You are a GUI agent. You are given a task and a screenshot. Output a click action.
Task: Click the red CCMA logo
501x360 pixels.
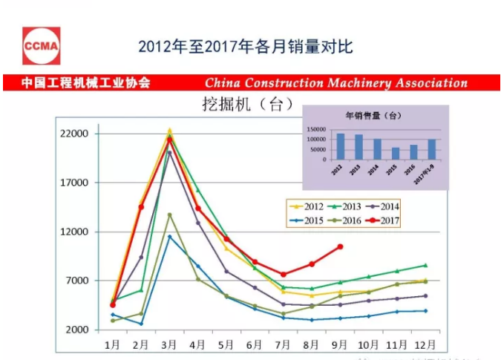[x=41, y=46]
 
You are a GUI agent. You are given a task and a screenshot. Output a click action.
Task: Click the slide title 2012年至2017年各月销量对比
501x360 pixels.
[x=245, y=47]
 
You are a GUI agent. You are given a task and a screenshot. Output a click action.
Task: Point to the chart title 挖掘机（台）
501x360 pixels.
[x=243, y=102]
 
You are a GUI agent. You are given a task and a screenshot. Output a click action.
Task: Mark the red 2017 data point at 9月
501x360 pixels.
[x=340, y=246]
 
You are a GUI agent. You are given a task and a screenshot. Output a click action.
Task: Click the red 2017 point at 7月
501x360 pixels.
[x=283, y=275]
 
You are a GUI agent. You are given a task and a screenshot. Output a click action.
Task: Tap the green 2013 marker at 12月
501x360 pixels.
[x=425, y=265]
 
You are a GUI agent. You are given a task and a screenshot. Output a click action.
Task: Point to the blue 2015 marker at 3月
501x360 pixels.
[x=169, y=237]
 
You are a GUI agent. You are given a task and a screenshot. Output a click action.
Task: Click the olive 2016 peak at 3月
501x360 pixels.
[x=169, y=215]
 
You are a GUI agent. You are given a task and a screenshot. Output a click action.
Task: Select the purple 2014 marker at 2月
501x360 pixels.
[x=141, y=258]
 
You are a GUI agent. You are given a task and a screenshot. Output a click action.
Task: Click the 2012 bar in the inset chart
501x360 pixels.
[x=340, y=146]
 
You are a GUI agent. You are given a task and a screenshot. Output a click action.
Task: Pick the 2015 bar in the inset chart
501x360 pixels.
[x=396, y=154]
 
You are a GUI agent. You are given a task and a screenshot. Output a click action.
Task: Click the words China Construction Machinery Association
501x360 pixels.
[x=336, y=83]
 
